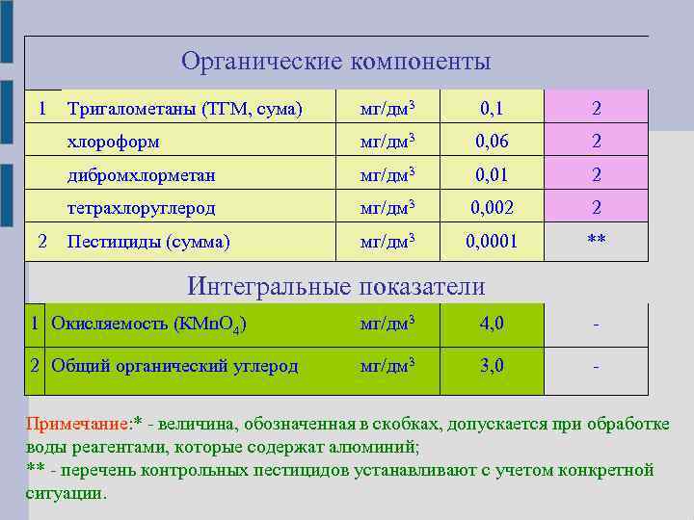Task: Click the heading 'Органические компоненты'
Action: point(335,62)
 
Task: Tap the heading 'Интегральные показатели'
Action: point(335,286)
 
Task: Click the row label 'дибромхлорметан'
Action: point(141,175)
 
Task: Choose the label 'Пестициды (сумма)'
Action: point(148,242)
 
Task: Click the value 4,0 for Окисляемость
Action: point(493,324)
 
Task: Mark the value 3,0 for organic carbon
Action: point(493,366)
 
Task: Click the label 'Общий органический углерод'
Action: point(174,366)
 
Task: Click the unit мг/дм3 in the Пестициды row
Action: point(387,242)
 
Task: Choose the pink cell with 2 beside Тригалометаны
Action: point(597,109)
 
